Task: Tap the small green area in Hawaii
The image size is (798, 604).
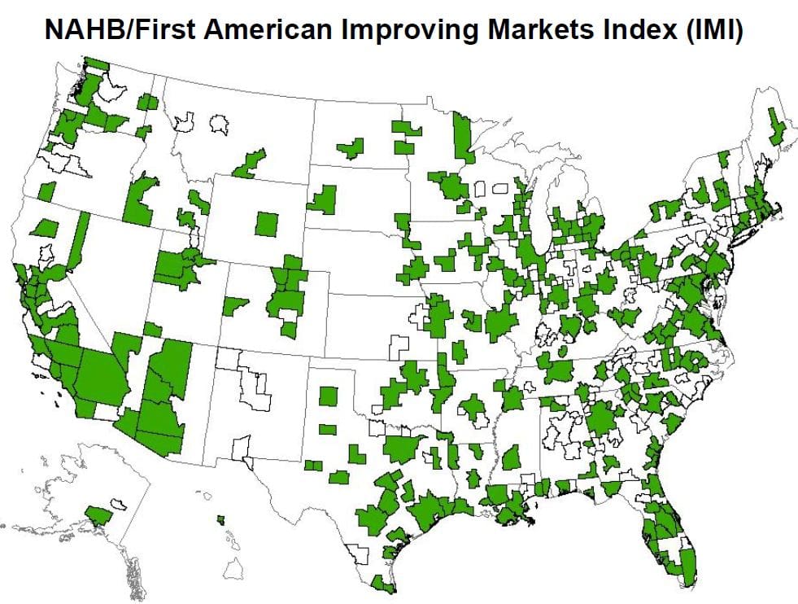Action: (x=220, y=519)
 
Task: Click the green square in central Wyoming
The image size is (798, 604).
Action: (x=266, y=223)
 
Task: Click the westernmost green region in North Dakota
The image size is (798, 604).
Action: (x=351, y=148)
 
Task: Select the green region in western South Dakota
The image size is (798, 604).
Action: (x=325, y=199)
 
